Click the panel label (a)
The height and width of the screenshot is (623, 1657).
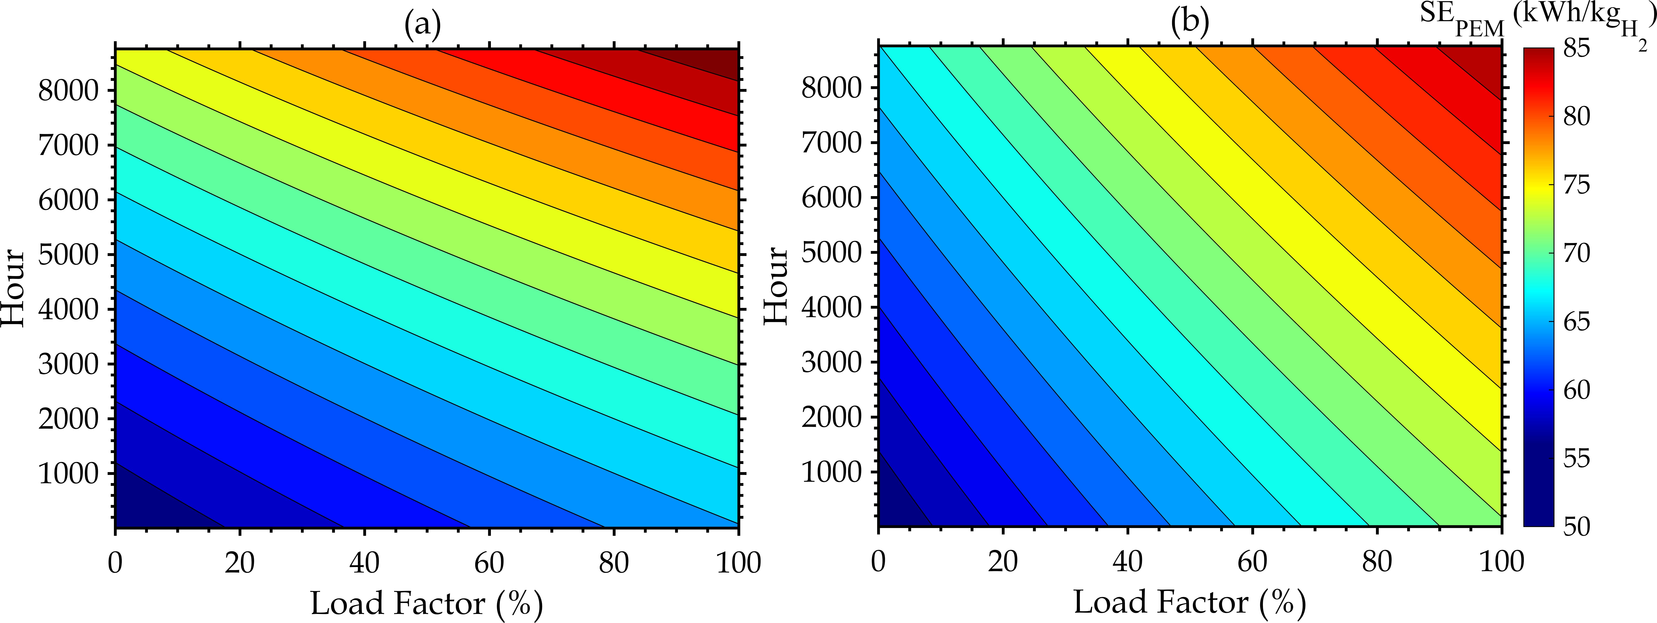(x=423, y=24)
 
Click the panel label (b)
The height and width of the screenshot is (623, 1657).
(x=1190, y=23)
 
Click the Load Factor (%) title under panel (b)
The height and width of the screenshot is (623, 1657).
(x=1190, y=602)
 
